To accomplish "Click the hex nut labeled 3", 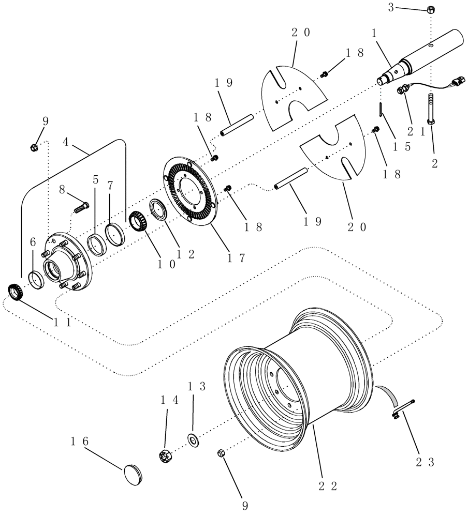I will pyautogui.click(x=431, y=9).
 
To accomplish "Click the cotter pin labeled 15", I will pyautogui.click(x=381, y=109).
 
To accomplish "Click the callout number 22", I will pyautogui.click(x=327, y=485).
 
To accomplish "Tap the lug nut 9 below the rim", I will pyautogui.click(x=220, y=453).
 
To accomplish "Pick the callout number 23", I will pyautogui.click(x=426, y=461).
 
